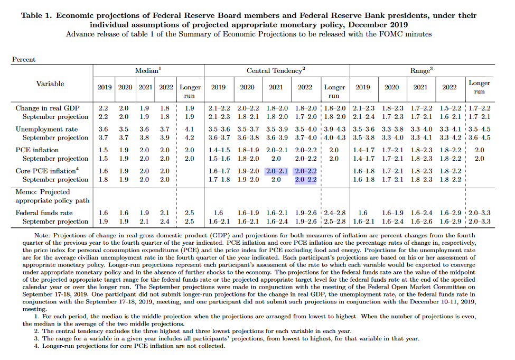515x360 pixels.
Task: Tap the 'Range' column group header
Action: [422, 70]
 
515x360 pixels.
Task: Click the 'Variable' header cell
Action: [50, 84]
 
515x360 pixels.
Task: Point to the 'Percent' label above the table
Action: [24, 60]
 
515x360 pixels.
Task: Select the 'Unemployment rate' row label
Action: [46, 129]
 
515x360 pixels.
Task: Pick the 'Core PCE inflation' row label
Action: [46, 171]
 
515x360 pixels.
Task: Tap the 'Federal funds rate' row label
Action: [44, 213]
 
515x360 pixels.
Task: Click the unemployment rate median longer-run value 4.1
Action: [190, 129]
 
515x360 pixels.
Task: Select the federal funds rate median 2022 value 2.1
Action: [165, 213]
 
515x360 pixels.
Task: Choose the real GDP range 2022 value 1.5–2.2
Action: [449, 108]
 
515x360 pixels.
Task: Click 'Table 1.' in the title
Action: [36, 15]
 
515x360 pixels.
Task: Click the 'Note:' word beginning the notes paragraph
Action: [41, 235]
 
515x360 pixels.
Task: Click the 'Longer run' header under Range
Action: [479, 87]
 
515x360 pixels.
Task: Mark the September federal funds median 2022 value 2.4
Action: [165, 221]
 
